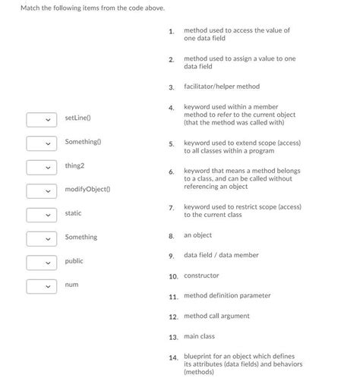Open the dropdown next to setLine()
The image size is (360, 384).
(x=41, y=119)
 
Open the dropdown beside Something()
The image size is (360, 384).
(x=41, y=143)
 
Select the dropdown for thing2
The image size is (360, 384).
(x=41, y=166)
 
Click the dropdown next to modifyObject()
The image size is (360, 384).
(x=41, y=190)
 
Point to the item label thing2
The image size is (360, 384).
(x=74, y=165)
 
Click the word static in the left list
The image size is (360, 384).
(x=73, y=213)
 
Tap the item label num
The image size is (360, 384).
(x=71, y=284)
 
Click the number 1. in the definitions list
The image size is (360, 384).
(x=172, y=31)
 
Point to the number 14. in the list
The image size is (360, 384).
(x=173, y=357)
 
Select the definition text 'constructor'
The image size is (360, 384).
(x=201, y=275)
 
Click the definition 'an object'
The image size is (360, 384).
(x=197, y=235)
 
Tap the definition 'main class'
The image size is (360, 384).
(x=199, y=335)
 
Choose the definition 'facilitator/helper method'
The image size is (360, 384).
(x=221, y=87)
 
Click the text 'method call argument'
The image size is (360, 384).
(x=216, y=316)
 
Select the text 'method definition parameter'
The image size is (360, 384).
(x=227, y=295)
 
